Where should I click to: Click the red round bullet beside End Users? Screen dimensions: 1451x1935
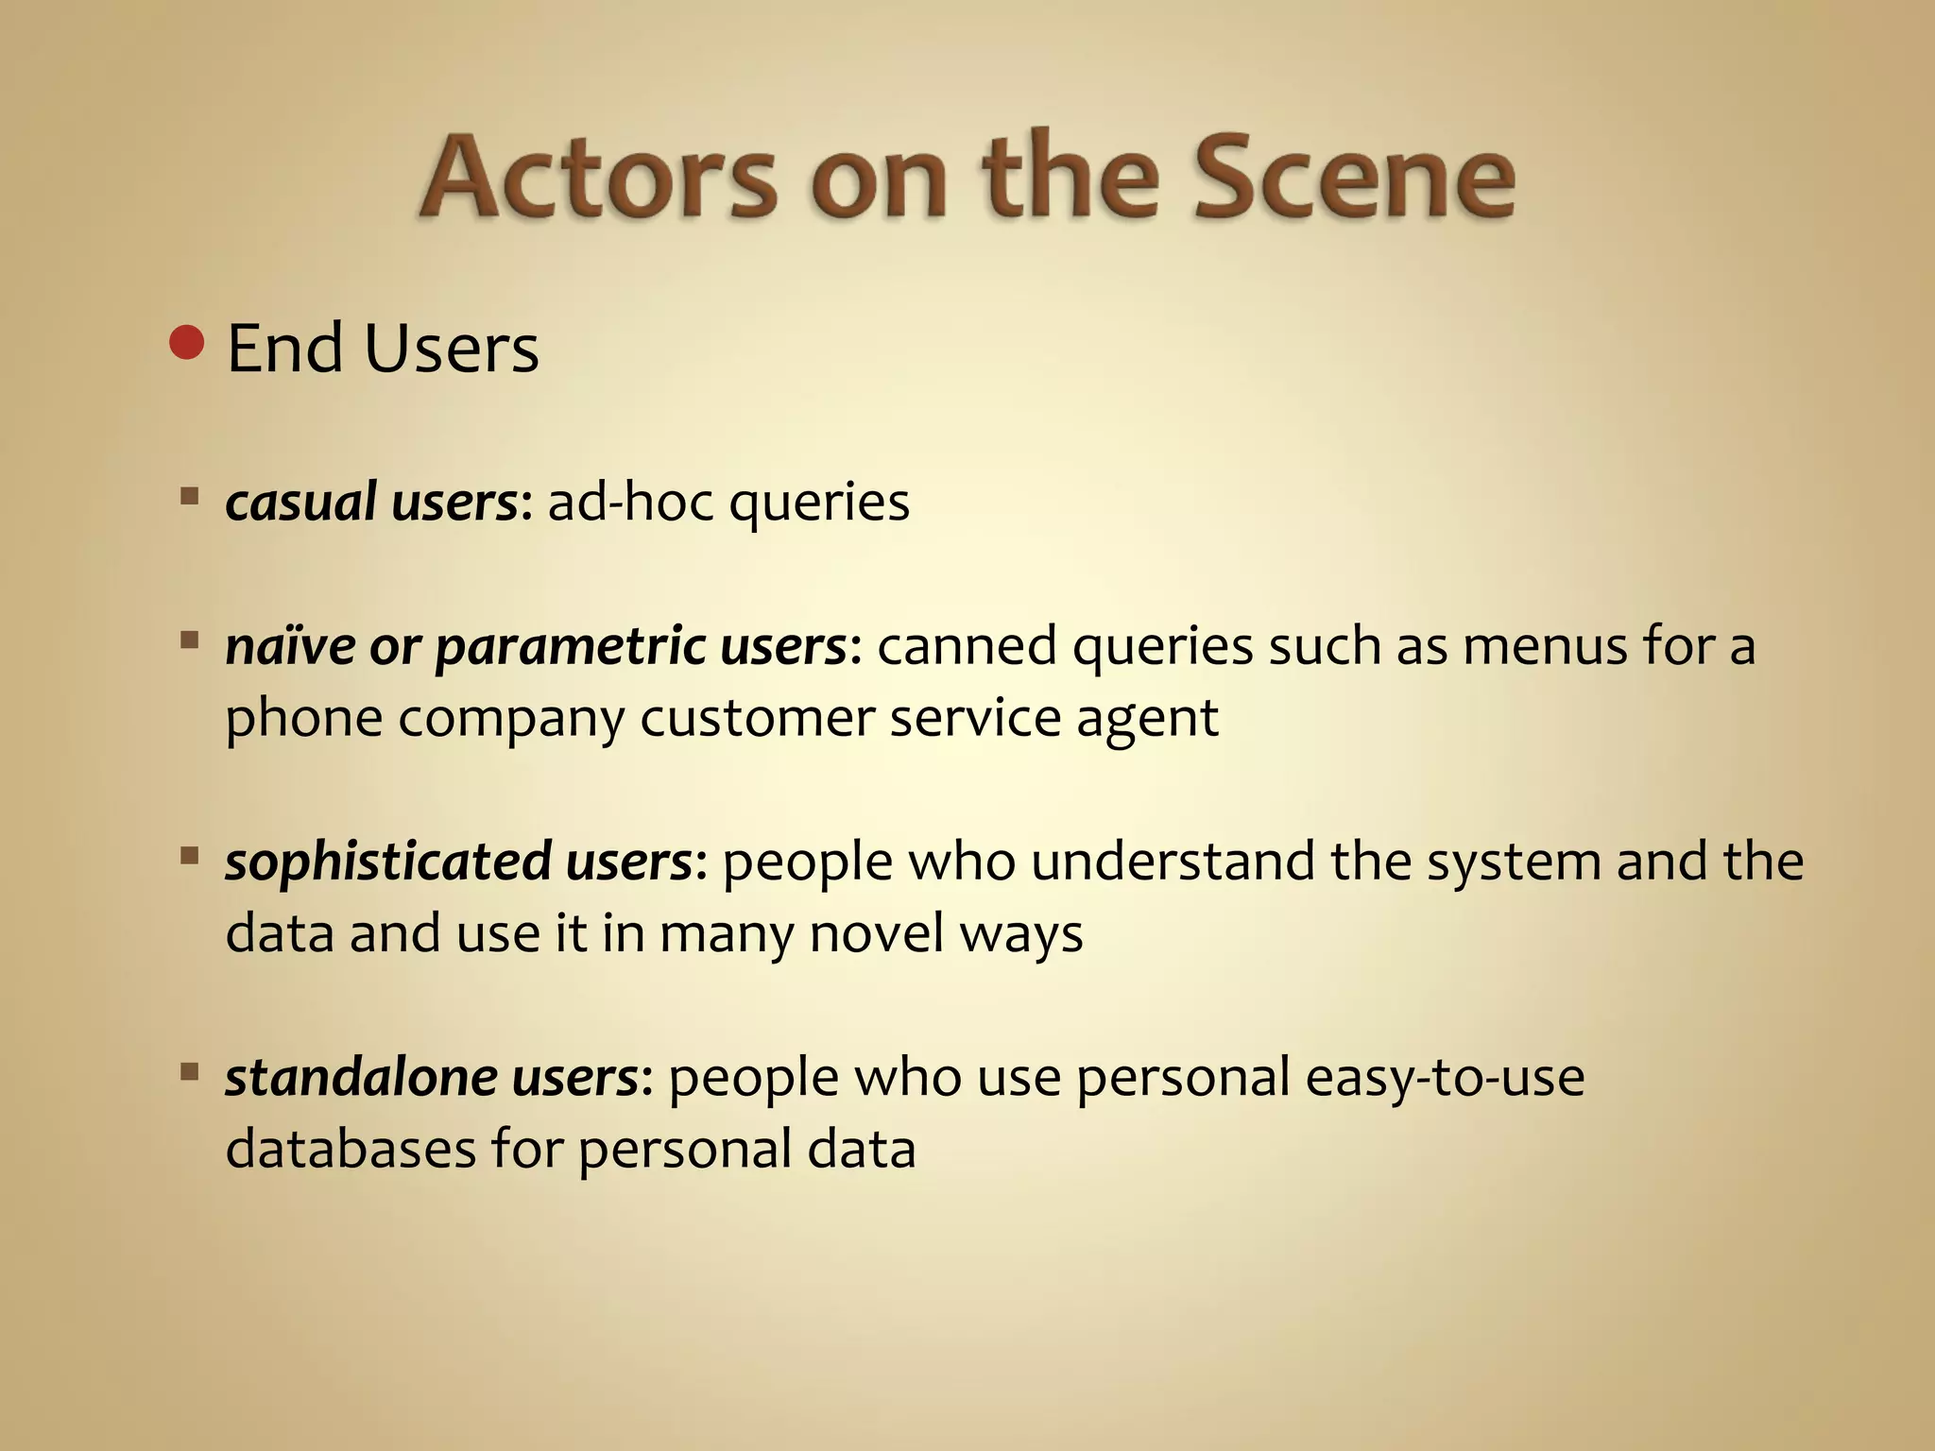(x=187, y=343)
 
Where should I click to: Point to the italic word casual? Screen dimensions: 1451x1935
(x=300, y=502)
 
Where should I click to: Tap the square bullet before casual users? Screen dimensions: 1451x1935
(x=190, y=494)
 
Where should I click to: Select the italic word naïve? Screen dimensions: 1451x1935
(x=289, y=646)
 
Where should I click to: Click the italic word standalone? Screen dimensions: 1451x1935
(x=360, y=1077)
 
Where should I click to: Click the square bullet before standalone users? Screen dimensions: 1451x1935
(x=190, y=1071)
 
